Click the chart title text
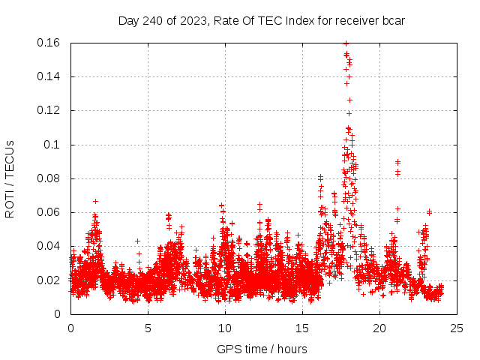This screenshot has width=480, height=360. tap(262, 20)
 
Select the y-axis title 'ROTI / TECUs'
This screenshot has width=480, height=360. tap(10, 178)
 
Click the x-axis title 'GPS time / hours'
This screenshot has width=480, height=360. tap(262, 349)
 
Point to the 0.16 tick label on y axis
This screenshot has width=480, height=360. tap(49, 43)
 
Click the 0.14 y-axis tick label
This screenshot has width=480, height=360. tap(49, 76)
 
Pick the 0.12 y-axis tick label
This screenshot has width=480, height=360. tap(49, 110)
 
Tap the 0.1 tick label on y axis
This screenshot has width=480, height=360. tap(54, 145)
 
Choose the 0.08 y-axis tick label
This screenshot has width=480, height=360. tap(49, 178)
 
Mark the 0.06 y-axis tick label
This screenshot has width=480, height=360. tap(49, 212)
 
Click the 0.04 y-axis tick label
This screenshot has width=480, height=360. tap(49, 246)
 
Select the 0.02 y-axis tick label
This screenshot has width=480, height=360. tap(49, 280)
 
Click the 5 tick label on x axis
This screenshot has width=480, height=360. tap(148, 328)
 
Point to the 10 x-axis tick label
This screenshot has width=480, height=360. tap(225, 328)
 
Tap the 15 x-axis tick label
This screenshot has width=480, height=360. tap(302, 328)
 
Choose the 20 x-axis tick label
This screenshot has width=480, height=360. tap(379, 328)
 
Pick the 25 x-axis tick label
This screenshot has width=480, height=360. tap(457, 328)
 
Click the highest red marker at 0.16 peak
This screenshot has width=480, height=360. tap(346, 43)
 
